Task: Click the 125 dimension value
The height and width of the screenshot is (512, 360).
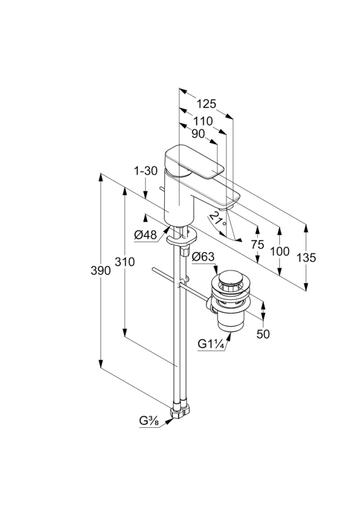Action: (x=205, y=105)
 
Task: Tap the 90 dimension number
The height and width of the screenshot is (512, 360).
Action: (x=198, y=135)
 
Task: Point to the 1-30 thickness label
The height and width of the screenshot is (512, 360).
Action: (x=146, y=171)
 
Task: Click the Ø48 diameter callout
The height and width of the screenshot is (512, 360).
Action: (x=145, y=234)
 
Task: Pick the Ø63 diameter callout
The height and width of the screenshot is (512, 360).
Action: (x=203, y=258)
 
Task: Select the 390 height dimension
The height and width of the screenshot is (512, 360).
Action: (x=100, y=270)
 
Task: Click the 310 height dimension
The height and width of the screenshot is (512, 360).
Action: (x=124, y=262)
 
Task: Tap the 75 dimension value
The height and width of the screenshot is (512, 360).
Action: (x=258, y=245)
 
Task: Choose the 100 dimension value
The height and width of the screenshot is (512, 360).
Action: (x=279, y=251)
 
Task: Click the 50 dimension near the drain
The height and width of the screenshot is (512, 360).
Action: (x=263, y=334)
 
